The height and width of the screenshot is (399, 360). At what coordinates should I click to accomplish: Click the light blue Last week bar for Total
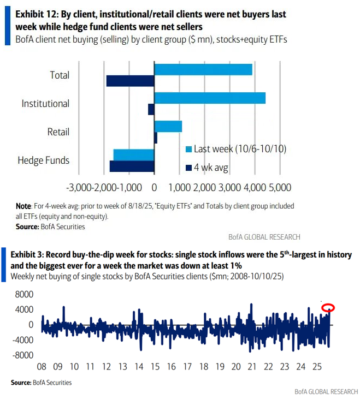(x=203, y=69)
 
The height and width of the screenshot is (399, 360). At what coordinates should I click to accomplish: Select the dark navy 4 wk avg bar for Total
(x=130, y=81)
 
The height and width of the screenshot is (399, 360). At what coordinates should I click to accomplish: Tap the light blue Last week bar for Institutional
(x=210, y=98)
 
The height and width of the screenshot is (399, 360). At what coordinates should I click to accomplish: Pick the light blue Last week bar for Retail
(x=168, y=126)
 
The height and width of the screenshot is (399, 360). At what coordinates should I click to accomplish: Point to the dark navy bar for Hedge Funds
(x=132, y=166)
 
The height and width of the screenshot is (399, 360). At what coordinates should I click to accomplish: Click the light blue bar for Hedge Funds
(x=133, y=154)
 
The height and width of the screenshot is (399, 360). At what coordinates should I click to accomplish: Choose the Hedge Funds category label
(x=44, y=160)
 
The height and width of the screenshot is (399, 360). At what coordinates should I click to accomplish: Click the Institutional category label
(x=45, y=104)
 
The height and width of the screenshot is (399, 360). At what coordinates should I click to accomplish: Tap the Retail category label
(x=58, y=132)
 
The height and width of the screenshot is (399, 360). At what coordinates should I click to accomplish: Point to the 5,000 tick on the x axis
(x=279, y=188)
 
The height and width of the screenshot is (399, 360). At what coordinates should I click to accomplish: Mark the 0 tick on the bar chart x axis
(x=155, y=188)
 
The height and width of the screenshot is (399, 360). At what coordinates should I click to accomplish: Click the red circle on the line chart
(x=328, y=308)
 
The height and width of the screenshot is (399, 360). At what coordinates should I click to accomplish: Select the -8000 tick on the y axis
(x=22, y=355)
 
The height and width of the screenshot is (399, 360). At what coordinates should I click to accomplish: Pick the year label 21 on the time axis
(x=251, y=367)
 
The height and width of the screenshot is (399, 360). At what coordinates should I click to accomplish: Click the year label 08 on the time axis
(x=42, y=367)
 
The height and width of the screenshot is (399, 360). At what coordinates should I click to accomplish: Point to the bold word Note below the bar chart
(x=23, y=206)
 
